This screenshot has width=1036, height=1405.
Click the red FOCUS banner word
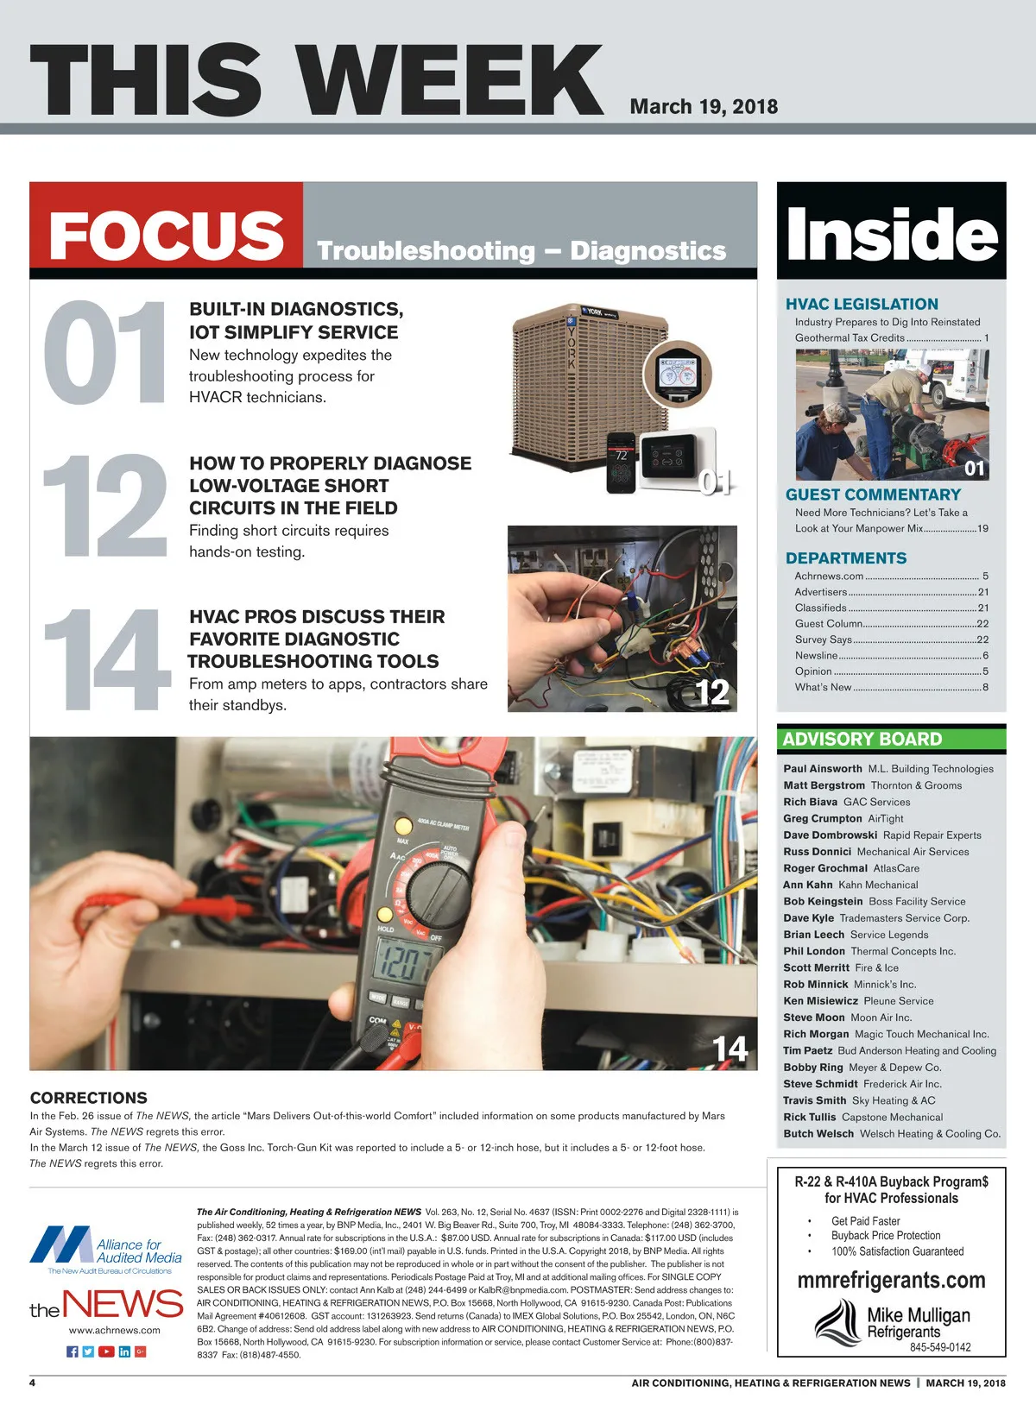click(167, 235)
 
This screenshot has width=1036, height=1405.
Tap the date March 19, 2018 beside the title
click(704, 107)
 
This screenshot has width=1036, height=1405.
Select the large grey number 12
click(105, 506)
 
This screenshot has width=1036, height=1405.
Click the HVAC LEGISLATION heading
click(862, 304)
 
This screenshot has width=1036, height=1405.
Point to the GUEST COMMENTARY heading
click(873, 495)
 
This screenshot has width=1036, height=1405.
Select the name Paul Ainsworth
click(823, 768)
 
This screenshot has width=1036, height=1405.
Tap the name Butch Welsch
click(818, 1133)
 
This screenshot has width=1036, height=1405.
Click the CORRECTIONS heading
click(88, 1098)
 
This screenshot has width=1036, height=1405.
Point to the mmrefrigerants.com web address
click(891, 1280)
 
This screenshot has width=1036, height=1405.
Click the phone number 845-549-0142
click(940, 1346)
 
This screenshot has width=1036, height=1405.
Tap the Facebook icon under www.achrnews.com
click(73, 1351)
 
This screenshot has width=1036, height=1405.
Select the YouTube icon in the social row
click(106, 1351)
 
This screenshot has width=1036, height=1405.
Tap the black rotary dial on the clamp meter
click(439, 892)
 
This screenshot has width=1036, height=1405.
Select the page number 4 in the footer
click(33, 1383)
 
